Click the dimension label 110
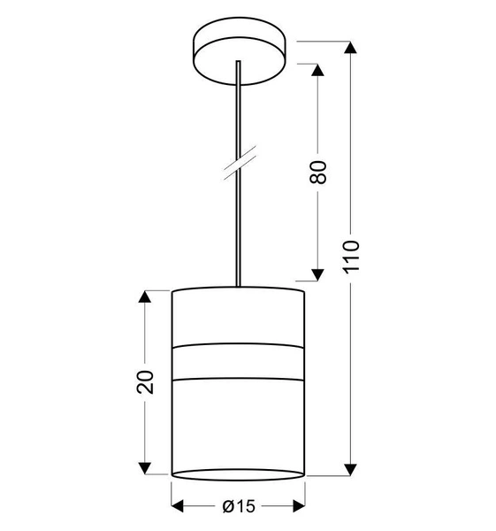point(353,256)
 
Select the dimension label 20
point(147,381)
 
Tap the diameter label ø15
point(238,505)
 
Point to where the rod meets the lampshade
point(237,286)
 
